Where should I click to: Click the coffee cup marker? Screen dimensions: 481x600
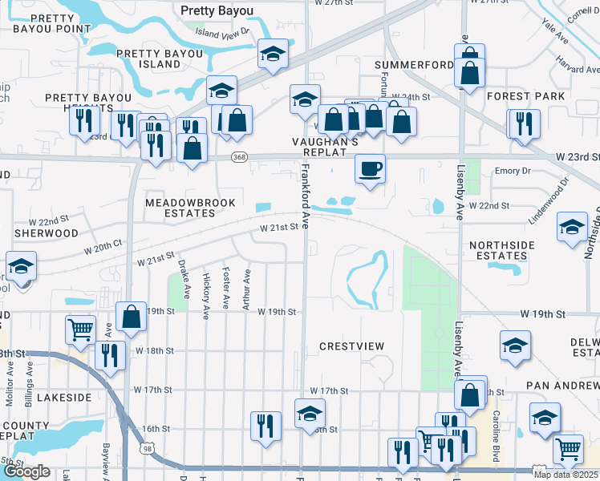pos(370,169)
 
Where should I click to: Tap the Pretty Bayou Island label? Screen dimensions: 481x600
pos(148,59)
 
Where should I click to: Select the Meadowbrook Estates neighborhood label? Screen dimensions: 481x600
pos(180,208)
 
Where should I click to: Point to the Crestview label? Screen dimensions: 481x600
pos(351,346)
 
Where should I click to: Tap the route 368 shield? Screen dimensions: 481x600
pos(238,157)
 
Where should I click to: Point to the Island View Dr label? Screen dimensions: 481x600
pos(223,33)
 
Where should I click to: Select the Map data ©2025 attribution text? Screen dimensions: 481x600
pos(565,475)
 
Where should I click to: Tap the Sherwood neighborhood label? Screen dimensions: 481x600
pos(46,233)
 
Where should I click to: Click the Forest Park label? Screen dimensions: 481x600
pos(525,96)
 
